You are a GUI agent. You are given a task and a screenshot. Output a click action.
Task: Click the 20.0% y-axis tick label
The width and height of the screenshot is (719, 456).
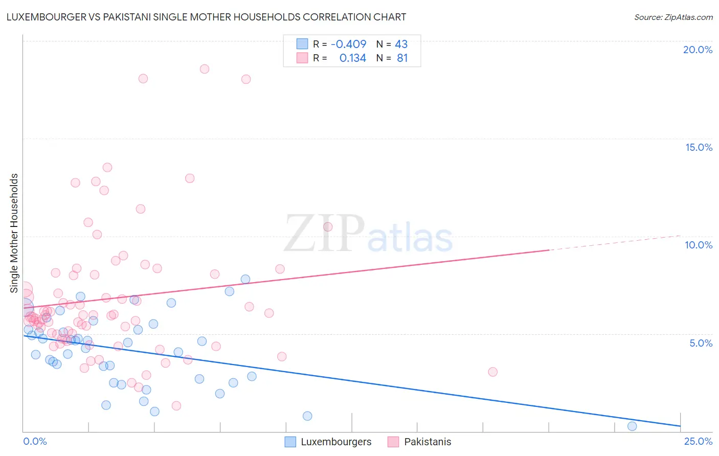(698, 50)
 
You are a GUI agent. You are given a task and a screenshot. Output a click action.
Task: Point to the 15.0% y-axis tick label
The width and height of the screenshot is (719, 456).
(699, 147)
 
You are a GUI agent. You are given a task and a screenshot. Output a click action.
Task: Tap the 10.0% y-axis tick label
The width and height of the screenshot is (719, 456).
(699, 245)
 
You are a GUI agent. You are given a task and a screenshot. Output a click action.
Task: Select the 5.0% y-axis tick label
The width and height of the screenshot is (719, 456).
(701, 343)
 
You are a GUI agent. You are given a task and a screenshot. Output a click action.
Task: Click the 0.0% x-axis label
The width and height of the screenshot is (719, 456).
(35, 441)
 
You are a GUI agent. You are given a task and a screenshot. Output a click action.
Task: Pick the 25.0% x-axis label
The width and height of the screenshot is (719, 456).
(698, 441)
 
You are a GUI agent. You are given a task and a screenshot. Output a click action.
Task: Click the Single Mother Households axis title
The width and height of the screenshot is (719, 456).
(14, 233)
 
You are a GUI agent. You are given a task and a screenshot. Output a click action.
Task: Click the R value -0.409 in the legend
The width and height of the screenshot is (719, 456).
(348, 44)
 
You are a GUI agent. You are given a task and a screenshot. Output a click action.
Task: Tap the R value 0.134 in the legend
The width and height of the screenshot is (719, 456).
(352, 58)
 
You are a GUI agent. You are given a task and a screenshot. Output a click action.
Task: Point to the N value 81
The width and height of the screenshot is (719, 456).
(402, 58)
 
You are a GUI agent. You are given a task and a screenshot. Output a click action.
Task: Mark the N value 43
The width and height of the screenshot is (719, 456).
(401, 44)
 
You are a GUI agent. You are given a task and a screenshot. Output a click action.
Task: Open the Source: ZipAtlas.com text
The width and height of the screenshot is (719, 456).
(673, 17)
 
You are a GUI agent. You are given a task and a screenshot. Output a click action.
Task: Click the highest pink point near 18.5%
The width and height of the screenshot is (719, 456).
(205, 69)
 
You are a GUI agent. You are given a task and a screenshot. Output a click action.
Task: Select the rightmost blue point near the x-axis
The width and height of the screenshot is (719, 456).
(632, 426)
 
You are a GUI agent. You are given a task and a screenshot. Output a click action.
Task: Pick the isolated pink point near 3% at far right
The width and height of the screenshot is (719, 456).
(492, 372)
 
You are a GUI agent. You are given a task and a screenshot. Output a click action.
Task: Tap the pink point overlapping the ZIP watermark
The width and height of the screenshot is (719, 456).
(328, 226)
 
